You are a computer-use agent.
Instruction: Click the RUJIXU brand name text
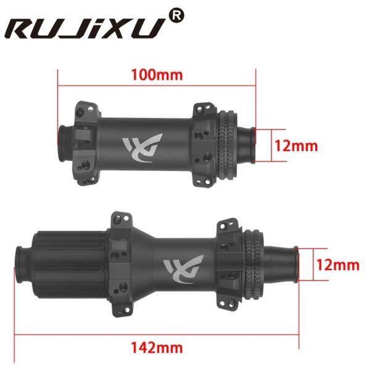click(x=86, y=28)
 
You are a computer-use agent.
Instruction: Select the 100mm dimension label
click(x=157, y=75)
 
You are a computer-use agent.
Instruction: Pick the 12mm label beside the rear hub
click(x=336, y=265)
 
